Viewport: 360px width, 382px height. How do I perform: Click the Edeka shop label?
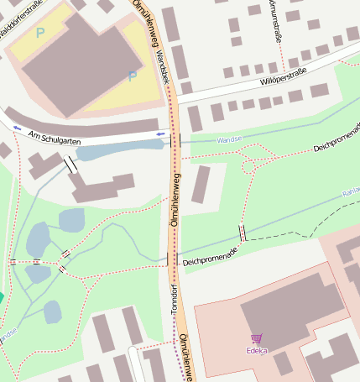click(x=256, y=351)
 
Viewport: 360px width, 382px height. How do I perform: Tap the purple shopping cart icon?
click(x=256, y=339)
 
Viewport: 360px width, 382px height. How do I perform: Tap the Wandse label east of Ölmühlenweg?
click(x=229, y=139)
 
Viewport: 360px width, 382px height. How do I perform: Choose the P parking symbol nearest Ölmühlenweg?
click(x=132, y=76)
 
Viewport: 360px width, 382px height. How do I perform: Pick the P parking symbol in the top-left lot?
click(x=40, y=34)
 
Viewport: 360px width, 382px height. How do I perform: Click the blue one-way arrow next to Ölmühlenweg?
click(x=160, y=133)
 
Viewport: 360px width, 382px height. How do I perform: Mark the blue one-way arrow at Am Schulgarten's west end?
click(x=18, y=128)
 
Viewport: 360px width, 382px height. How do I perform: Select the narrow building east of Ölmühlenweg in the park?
click(x=201, y=185)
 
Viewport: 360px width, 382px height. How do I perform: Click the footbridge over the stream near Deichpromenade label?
click(x=243, y=233)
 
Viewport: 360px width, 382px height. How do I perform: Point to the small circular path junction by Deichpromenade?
click(x=248, y=165)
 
